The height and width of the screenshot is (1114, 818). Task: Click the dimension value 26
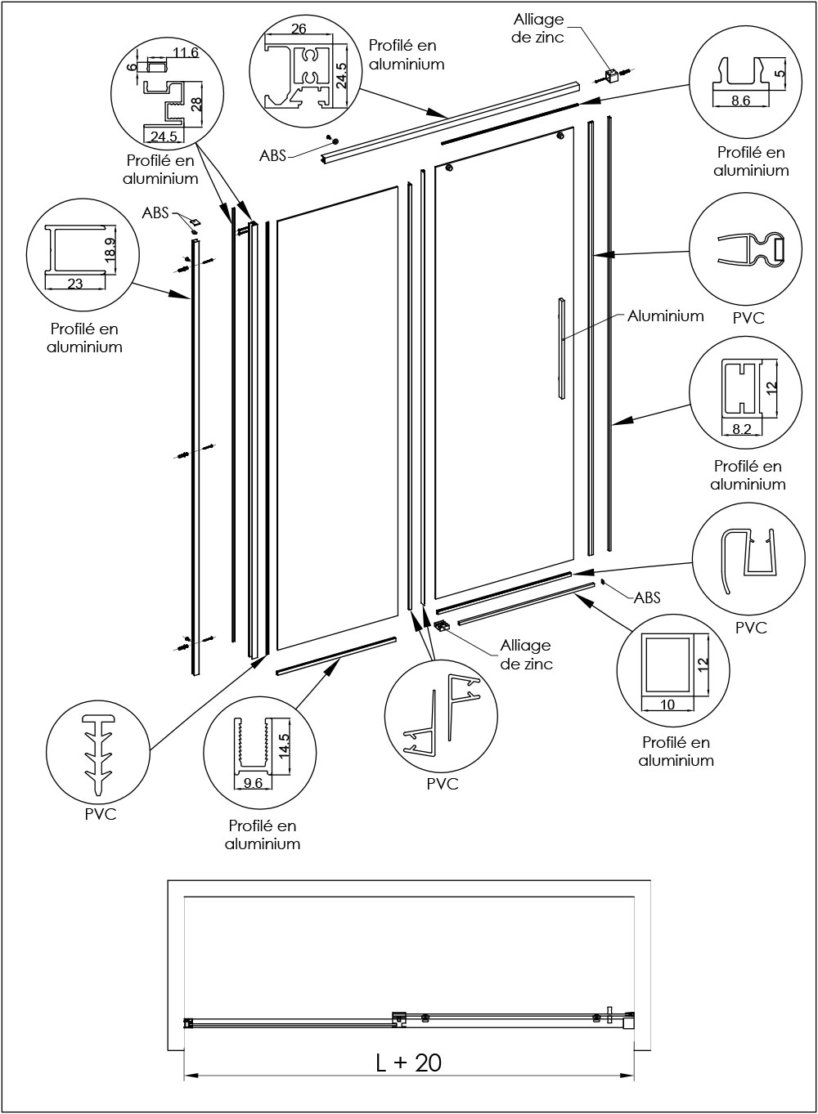pyautogui.click(x=299, y=29)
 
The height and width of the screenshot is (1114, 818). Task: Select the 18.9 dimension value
pyautogui.click(x=110, y=248)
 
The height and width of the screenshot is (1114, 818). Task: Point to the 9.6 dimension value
pyautogui.click(x=253, y=782)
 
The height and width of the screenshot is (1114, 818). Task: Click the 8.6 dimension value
pyautogui.click(x=739, y=101)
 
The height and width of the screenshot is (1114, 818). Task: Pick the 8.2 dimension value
pyautogui.click(x=742, y=428)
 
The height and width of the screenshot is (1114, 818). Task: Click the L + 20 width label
pyautogui.click(x=408, y=1063)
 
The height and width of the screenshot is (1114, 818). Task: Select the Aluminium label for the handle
pyautogui.click(x=665, y=315)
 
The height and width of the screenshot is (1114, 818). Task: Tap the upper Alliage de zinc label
pyautogui.click(x=538, y=29)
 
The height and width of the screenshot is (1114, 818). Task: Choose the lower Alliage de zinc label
pyautogui.click(x=526, y=655)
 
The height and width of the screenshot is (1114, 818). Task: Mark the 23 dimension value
pyautogui.click(x=74, y=284)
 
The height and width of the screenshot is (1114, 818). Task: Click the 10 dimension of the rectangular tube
pyautogui.click(x=667, y=704)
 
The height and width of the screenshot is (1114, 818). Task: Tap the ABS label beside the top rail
pyautogui.click(x=272, y=155)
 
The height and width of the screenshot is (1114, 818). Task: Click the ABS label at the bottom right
pyautogui.click(x=647, y=597)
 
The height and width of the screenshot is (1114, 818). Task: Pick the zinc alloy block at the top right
pyautogui.click(x=609, y=75)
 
